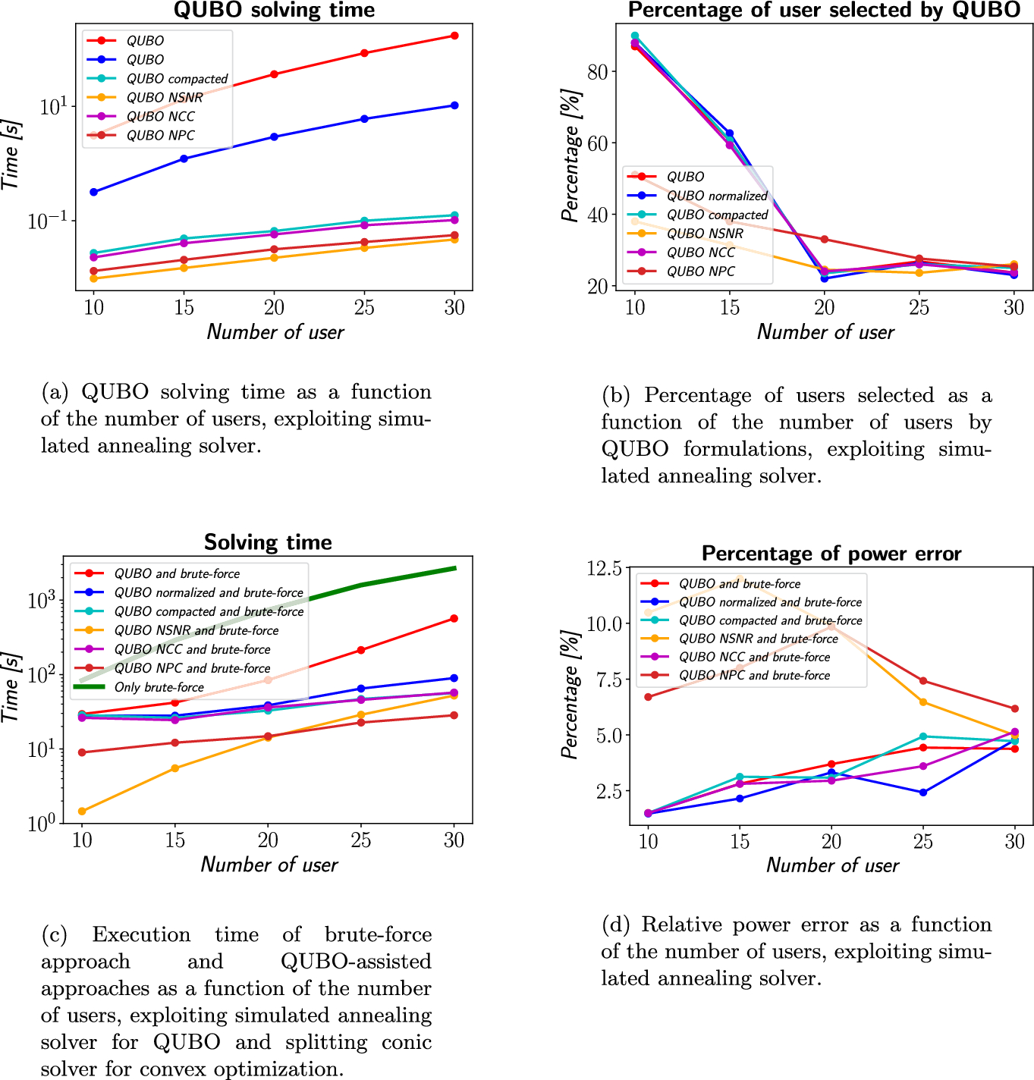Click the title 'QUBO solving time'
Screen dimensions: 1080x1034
pos(274,10)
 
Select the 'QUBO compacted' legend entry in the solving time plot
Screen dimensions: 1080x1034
pos(177,79)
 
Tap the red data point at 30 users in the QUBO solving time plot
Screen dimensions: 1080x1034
pos(454,36)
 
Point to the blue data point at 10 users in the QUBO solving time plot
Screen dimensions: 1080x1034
pos(94,192)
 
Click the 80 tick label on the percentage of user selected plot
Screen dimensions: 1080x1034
pos(598,72)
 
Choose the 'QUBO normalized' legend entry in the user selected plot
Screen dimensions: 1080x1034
pos(717,196)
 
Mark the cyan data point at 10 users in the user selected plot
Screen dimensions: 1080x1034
pos(635,36)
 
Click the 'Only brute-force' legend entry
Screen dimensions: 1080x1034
pos(159,687)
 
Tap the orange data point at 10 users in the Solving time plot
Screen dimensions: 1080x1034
pos(82,811)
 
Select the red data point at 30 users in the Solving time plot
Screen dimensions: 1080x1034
pos(454,619)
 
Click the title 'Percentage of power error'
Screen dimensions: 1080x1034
pos(831,554)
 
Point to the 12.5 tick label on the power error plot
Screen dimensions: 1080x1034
pos(605,568)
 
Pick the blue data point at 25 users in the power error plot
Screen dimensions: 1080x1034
pos(922,793)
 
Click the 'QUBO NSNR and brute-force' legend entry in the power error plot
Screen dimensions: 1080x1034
pos(758,639)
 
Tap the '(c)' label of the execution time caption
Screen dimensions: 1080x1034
pos(54,934)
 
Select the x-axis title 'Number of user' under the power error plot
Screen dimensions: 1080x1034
pos(832,865)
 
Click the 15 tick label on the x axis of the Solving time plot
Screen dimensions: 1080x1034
pos(175,840)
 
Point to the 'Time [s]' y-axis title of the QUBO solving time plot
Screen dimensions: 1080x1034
pos(11,155)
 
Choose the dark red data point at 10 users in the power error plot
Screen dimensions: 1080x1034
pos(648,697)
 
